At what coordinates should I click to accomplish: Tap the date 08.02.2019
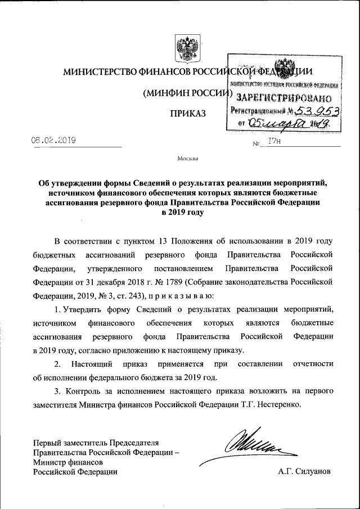click(x=54, y=139)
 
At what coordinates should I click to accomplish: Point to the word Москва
click(x=188, y=159)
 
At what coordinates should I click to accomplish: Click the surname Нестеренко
click(x=281, y=404)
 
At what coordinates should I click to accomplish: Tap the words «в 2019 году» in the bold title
click(x=179, y=212)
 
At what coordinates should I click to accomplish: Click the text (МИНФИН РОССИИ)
click(x=187, y=93)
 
